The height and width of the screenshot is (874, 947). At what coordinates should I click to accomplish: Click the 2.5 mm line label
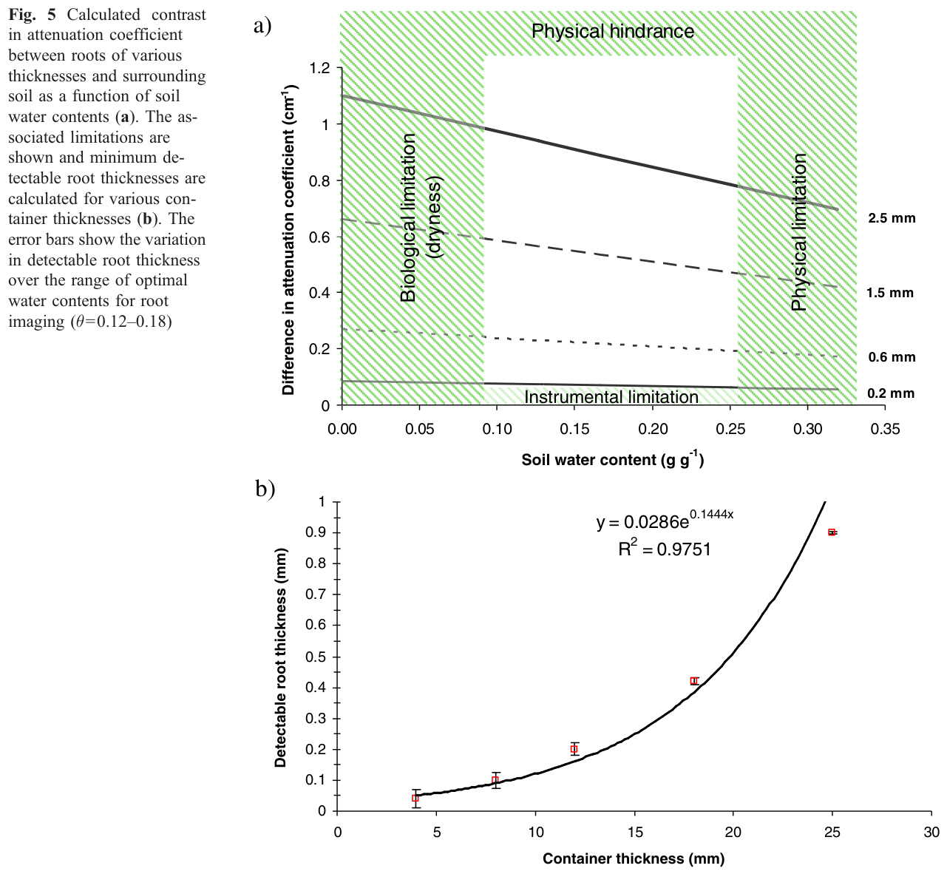[892, 218]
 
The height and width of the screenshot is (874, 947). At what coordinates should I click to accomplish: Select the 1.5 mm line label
[890, 293]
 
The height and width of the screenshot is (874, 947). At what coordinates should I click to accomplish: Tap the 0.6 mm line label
[892, 357]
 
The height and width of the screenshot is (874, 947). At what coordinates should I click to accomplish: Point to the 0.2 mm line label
[891, 393]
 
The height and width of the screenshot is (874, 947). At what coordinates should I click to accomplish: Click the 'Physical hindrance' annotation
[613, 31]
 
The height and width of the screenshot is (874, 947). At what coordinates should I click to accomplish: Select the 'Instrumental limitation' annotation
[611, 397]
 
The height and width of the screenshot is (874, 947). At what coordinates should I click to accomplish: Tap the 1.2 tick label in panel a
[319, 68]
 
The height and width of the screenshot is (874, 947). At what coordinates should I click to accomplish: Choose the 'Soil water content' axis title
[612, 458]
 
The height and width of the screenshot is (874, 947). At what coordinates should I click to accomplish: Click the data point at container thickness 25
[832, 532]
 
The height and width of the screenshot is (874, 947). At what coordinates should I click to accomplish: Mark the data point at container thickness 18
[693, 681]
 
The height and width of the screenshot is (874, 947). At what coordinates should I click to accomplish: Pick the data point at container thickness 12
[574, 749]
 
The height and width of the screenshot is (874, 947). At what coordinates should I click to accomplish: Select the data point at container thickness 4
[415, 798]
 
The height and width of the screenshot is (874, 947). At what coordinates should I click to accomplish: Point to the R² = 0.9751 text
[665, 548]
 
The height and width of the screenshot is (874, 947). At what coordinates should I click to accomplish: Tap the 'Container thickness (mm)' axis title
[634, 858]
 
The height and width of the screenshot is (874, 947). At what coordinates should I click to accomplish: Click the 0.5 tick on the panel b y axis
[316, 657]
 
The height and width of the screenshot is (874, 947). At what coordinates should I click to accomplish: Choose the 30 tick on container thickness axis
[931, 833]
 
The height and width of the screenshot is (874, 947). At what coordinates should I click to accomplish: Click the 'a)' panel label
[262, 25]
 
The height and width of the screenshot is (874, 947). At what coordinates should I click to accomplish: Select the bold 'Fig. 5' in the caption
[32, 15]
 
